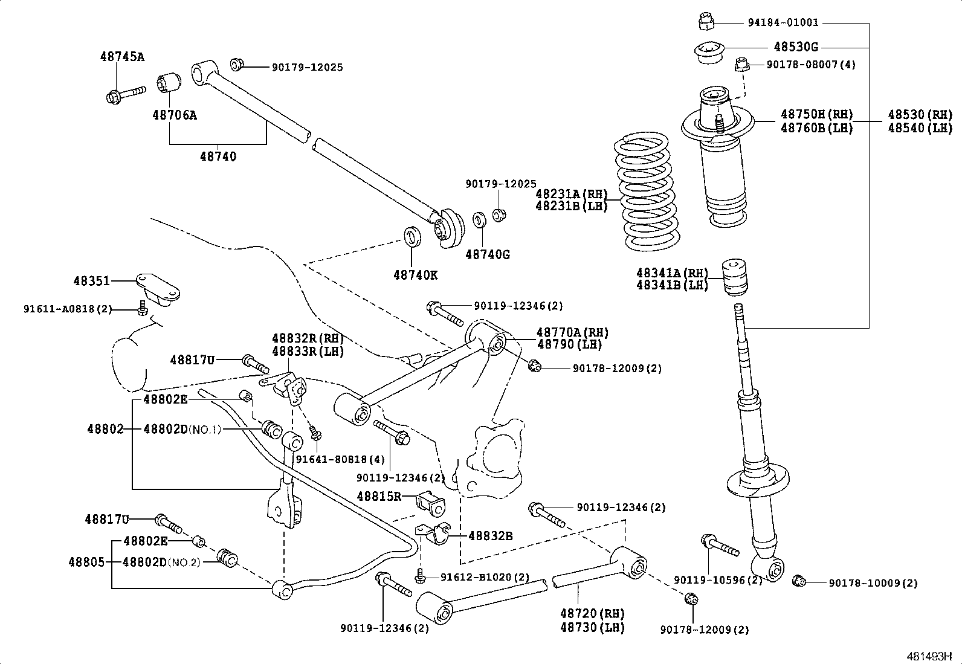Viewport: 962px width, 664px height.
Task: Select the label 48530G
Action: (796, 47)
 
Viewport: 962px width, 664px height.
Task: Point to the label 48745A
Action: (122, 57)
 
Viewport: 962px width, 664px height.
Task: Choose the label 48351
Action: (91, 281)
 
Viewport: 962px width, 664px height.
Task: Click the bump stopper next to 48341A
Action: (735, 277)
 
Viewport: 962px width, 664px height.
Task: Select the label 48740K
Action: (415, 275)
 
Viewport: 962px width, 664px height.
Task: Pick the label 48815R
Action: (379, 497)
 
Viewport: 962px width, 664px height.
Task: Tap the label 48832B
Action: (490, 535)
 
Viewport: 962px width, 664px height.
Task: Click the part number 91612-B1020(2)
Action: (485, 578)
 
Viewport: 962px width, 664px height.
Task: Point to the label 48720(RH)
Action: (592, 614)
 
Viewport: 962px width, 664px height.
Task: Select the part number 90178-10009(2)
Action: (873, 583)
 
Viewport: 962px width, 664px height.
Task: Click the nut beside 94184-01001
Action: (705, 22)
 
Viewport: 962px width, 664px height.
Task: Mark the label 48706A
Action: (174, 115)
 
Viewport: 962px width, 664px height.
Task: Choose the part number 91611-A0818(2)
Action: (68, 309)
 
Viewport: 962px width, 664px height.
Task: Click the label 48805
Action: (86, 562)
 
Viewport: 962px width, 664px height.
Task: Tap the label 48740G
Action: (487, 254)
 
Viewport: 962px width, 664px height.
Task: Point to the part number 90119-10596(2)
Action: (718, 580)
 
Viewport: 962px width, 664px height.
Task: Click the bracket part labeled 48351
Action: (158, 289)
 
